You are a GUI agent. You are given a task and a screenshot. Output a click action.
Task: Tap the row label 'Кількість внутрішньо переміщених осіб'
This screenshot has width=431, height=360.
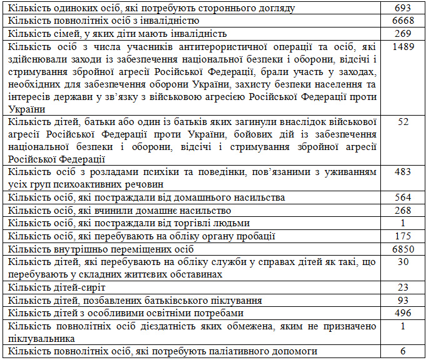coord(94,249)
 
